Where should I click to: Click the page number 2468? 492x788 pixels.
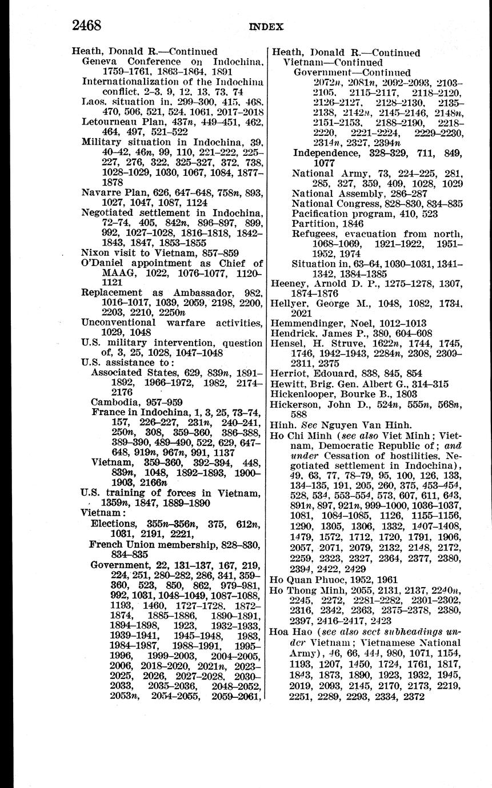click(x=86, y=25)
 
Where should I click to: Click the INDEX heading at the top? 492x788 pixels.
click(x=266, y=26)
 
